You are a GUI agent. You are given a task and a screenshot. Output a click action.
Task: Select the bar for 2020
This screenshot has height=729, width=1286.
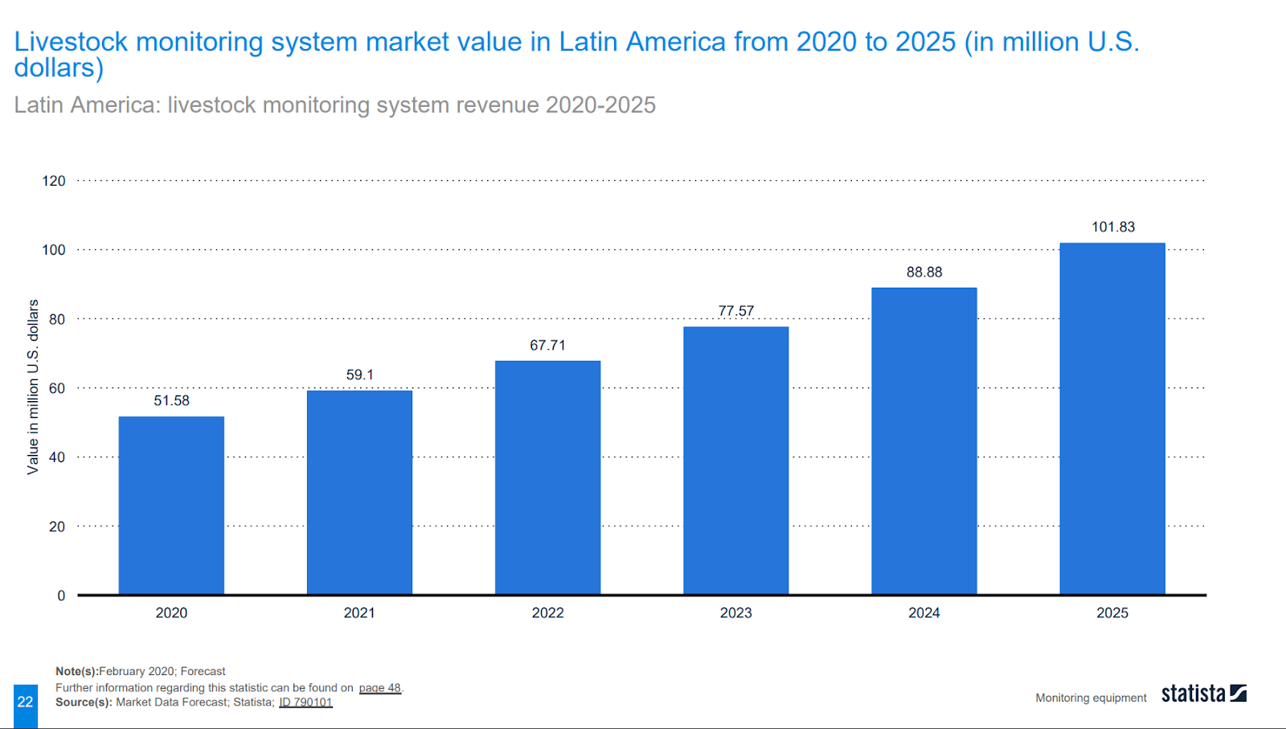(x=171, y=506)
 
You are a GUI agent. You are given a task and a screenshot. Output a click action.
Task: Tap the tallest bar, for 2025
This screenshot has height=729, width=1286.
(x=1112, y=419)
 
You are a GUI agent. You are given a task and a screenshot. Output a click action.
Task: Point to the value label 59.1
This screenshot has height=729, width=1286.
(x=360, y=375)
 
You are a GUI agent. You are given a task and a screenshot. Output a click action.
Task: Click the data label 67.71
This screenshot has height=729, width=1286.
(x=547, y=346)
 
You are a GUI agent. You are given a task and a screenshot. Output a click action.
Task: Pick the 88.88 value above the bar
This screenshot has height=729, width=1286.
(x=924, y=272)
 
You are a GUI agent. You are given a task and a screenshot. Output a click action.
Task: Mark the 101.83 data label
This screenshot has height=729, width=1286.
(x=1113, y=227)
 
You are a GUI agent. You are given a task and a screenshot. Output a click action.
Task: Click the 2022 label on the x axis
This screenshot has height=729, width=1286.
(x=547, y=613)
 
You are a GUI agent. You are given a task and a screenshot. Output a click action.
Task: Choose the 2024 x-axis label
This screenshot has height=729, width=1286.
(x=924, y=613)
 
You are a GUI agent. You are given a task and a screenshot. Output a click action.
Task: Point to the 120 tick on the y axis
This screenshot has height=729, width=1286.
(x=54, y=181)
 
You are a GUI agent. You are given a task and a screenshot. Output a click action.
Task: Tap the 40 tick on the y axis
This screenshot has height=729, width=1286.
(x=57, y=457)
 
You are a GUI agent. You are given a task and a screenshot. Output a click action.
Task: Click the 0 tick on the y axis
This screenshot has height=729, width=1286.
(x=61, y=596)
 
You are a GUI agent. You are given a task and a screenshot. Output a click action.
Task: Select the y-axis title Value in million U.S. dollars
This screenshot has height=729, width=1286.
(x=33, y=387)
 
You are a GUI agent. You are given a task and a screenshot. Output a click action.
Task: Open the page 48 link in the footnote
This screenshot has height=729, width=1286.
(x=379, y=688)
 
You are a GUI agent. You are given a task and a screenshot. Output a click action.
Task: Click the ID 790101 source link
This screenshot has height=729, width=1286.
(x=305, y=702)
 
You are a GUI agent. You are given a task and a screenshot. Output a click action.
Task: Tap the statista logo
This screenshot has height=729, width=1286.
(x=1203, y=694)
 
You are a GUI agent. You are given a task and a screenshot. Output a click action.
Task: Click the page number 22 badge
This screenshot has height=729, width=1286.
(x=26, y=702)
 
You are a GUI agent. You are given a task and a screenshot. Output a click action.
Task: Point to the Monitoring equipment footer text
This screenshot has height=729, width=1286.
(x=1091, y=698)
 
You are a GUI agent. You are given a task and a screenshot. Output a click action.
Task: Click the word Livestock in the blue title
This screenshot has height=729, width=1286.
(x=71, y=42)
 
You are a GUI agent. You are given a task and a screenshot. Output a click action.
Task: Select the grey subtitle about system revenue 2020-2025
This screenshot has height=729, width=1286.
(x=334, y=105)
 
